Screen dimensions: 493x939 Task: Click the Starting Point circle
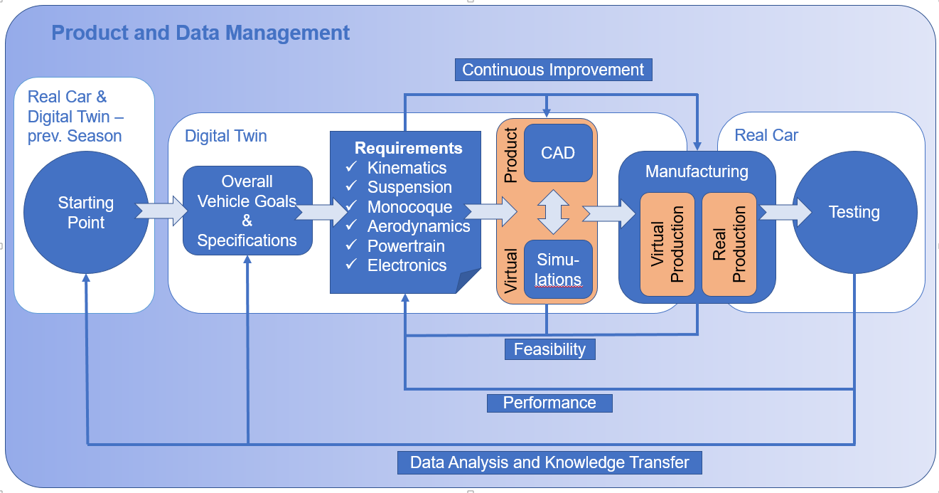click(86, 212)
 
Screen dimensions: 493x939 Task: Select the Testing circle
click(854, 212)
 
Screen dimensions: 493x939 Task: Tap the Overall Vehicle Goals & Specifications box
click(247, 211)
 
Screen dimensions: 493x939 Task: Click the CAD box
click(558, 153)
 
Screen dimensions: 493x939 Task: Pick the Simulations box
click(558, 269)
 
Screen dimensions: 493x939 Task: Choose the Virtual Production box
click(668, 244)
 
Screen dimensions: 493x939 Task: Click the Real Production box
click(730, 244)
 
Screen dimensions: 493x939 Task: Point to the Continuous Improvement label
click(553, 70)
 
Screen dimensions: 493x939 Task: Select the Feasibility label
click(549, 349)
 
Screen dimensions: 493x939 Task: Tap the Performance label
click(549, 403)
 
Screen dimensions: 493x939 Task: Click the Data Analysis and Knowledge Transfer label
click(549, 462)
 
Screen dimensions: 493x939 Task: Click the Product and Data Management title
click(200, 33)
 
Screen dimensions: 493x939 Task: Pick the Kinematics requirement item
click(407, 168)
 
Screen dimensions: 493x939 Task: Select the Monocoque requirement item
click(409, 207)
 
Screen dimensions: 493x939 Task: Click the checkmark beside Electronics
click(351, 265)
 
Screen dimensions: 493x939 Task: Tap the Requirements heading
click(408, 148)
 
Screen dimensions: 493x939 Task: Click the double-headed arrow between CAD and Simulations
click(557, 211)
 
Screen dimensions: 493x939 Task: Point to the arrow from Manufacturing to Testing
click(785, 211)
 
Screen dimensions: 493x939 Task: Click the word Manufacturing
click(697, 171)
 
